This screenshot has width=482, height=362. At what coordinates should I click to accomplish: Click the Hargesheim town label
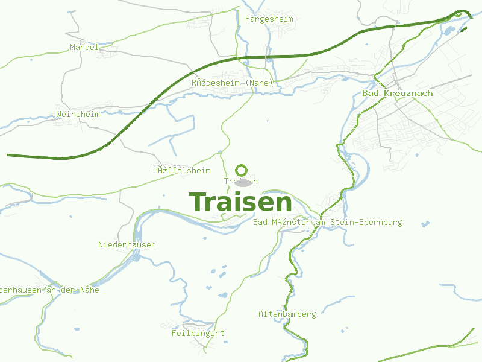coord(269,19)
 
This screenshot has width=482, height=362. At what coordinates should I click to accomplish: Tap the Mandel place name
coord(84,47)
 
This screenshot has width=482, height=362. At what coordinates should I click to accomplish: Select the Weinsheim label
coord(77,114)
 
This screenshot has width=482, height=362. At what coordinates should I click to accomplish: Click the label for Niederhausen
coord(127,245)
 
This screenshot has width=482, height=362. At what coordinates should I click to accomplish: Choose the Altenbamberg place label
coord(287,314)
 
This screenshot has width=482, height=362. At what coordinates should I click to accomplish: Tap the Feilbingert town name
coord(198,333)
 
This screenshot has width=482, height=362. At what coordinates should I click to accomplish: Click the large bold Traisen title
coord(240,202)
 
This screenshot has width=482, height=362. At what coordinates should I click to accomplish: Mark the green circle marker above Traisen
coord(242,170)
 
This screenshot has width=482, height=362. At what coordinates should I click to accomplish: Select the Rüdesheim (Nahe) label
coord(232,83)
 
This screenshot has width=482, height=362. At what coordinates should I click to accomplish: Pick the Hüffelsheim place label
coord(181,171)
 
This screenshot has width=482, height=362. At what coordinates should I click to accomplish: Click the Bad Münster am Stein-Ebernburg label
coord(328,223)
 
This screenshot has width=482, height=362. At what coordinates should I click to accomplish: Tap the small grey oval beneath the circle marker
coord(242,182)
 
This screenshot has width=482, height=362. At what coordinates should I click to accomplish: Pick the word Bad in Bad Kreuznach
coord(369,94)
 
